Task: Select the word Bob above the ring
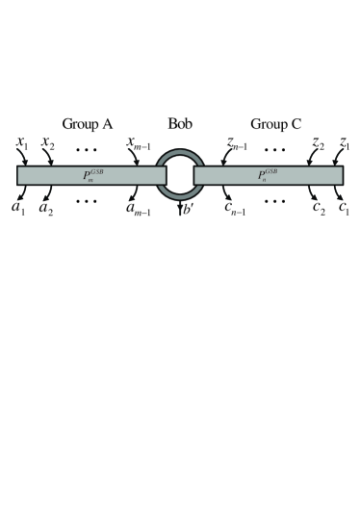181,124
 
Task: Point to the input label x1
22,144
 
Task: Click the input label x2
48,144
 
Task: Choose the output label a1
17,208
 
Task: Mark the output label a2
44,208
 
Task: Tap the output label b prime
188,209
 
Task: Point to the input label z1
345,144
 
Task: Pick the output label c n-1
232,208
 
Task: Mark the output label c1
343,208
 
